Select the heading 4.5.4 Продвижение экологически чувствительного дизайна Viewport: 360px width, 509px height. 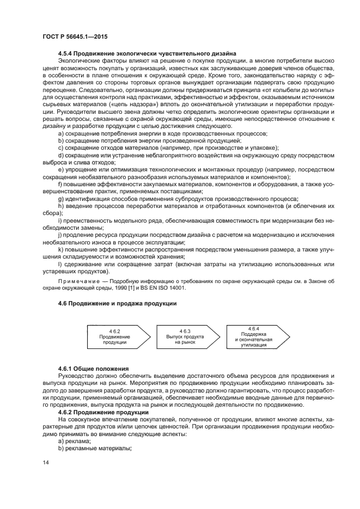[147, 53]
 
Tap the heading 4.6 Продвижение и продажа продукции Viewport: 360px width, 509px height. [117, 303]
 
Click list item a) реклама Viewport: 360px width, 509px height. [76, 441]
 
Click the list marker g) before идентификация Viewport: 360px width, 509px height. [60, 199]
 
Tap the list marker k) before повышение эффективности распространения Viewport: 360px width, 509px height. [60, 249]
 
